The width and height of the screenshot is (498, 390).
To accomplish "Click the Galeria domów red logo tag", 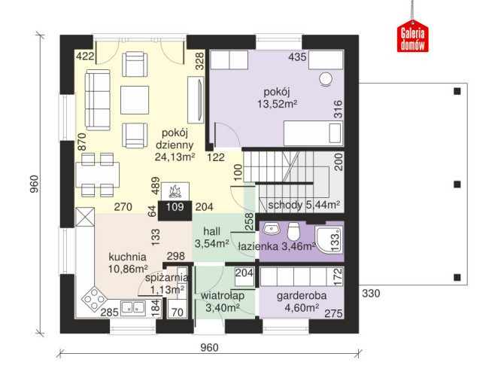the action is tap(412, 36).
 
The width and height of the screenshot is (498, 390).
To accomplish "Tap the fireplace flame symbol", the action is tap(175, 191).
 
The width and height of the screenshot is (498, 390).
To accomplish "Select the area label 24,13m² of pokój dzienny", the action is tap(175, 157).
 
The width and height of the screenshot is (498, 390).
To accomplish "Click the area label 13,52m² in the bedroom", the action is tap(277, 104).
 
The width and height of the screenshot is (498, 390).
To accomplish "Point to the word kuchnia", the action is tap(127, 257).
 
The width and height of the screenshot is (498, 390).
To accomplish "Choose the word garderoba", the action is tap(302, 296).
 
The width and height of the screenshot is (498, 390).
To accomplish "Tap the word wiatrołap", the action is tap(223, 296).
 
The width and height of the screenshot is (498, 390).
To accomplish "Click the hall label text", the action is tap(212, 231).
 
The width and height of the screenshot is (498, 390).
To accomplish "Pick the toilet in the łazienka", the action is tap(293, 231).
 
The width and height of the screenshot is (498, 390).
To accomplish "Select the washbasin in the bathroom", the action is tap(271, 228).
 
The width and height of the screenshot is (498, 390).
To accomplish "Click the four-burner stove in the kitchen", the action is tap(94, 299).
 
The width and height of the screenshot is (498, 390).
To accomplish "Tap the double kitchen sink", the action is tap(133, 307).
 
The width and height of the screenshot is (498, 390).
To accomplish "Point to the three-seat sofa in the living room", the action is tap(98, 100).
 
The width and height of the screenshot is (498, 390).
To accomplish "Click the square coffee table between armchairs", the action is tap(135, 100).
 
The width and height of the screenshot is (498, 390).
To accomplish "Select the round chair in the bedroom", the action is tap(326, 79).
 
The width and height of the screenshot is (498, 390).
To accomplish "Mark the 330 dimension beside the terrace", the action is tap(371, 294).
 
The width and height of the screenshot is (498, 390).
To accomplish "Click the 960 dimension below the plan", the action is tap(209, 348).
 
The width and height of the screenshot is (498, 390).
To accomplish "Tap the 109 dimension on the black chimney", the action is tap(175, 207).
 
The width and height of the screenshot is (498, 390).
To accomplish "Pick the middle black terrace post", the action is tap(457, 184).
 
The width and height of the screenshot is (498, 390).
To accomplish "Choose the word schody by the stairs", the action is tap(285, 206).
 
